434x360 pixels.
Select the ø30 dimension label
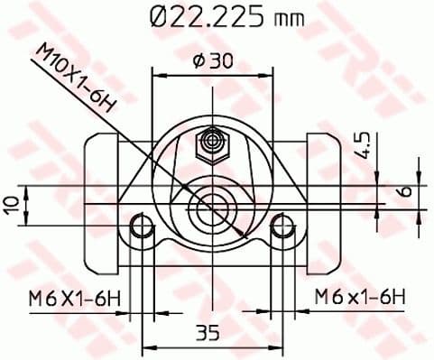click(x=211, y=60)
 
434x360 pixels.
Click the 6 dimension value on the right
click(x=407, y=191)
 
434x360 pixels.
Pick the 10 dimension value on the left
click(x=12, y=206)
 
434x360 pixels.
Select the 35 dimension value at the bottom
click(x=209, y=334)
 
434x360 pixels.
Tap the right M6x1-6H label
click(x=359, y=295)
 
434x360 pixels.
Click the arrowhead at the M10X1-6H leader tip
click(x=240, y=233)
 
